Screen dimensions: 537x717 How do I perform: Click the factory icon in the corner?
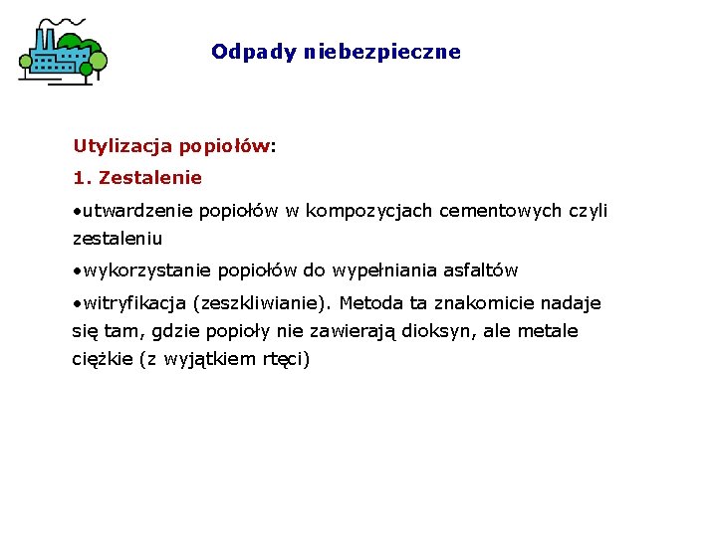pyautogui.click(x=62, y=51)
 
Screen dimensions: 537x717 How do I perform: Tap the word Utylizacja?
pyautogui.click(x=122, y=146)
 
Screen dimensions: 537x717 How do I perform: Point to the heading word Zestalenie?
pyautogui.click(x=150, y=178)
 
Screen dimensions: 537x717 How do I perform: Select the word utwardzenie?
pyautogui.click(x=138, y=211)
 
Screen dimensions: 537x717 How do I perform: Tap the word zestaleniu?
pyautogui.click(x=118, y=239)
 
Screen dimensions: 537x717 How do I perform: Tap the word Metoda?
pyautogui.click(x=367, y=303)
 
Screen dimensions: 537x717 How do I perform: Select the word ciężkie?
pyautogui.click(x=103, y=359)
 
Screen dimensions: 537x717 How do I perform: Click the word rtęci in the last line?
pyautogui.click(x=285, y=359)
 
